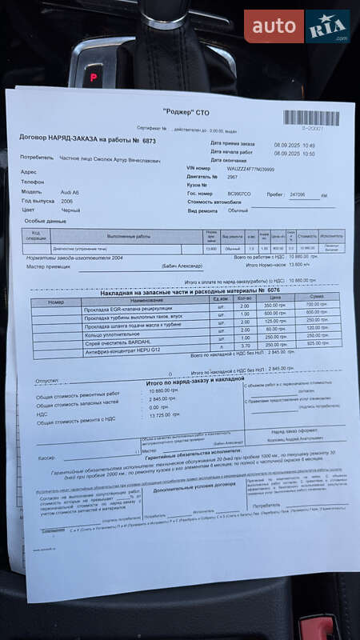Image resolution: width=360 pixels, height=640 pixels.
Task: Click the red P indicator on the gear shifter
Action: [x=93, y=78]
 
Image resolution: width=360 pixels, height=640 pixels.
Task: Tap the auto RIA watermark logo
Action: [x=297, y=26]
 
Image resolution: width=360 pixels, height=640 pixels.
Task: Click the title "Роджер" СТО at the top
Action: [x=185, y=113]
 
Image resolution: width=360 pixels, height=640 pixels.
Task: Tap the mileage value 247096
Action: [x=298, y=194]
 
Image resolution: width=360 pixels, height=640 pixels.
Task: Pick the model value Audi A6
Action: [x=71, y=192]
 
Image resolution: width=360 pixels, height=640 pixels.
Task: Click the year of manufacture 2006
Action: [x=67, y=202]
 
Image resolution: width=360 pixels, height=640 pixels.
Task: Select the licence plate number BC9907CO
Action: [x=240, y=194]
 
